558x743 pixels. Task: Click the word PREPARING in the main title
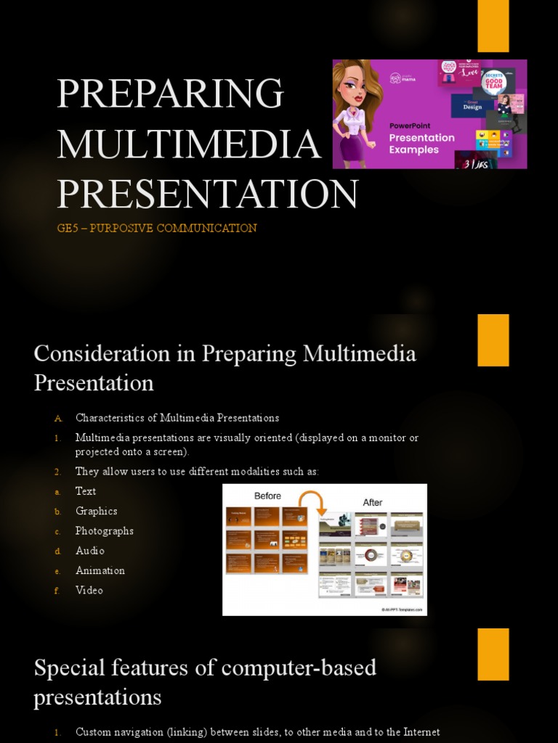(170, 94)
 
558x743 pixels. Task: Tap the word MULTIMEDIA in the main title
(189, 143)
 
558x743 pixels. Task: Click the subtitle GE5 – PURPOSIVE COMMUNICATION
(156, 228)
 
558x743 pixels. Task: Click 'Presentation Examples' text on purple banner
(423, 143)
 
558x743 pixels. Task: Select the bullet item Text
(86, 491)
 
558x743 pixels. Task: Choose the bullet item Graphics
(96, 511)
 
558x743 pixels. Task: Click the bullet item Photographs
(105, 530)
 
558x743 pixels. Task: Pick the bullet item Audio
(90, 551)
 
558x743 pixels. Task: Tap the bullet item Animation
(100, 570)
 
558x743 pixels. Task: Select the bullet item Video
(89, 590)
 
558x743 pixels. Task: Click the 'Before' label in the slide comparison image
(267, 496)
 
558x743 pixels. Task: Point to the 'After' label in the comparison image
(372, 502)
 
